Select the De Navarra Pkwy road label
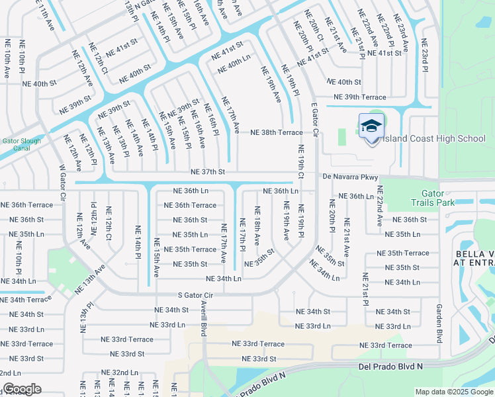coord(350,177)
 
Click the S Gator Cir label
coord(191,294)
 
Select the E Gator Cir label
coord(314,118)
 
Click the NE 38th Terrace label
coord(276,132)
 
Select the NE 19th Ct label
coord(300,162)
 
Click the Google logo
coord(21,389)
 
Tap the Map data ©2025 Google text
coord(453,392)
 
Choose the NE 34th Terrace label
coord(22,300)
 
